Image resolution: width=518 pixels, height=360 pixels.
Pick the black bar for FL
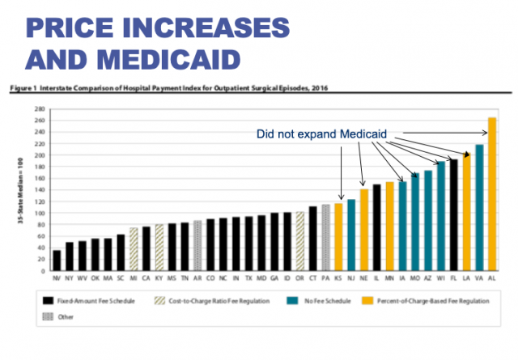453,215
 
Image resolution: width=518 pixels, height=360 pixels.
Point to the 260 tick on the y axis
38,120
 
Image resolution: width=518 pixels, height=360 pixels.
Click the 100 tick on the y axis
38,213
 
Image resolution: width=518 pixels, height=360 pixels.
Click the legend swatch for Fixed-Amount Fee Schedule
49,301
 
